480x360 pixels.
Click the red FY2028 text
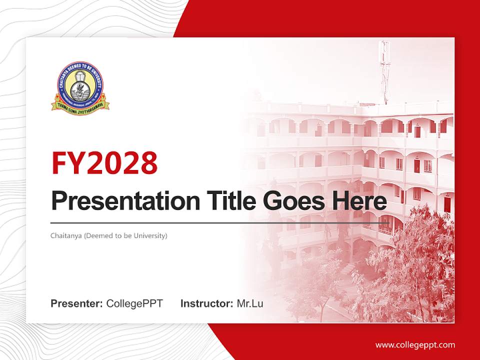[104, 163]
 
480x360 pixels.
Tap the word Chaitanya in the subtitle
[66, 235]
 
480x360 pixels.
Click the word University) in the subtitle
[150, 235]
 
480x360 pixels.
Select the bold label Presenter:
[77, 303]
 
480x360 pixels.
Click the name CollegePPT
[134, 303]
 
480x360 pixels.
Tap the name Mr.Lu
[250, 303]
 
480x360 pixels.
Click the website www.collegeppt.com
[415, 345]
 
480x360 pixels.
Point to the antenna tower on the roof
[384, 70]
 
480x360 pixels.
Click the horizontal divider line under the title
[220, 222]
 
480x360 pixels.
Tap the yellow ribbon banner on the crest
[80, 105]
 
